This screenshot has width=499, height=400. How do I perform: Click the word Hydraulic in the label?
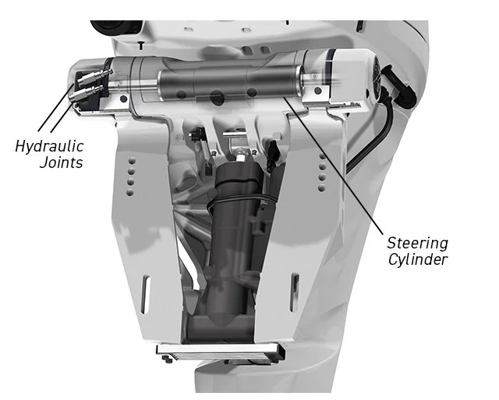[49, 146]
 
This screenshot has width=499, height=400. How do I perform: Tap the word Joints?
[61, 162]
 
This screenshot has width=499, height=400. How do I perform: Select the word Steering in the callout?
[418, 244]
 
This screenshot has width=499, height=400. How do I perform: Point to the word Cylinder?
[418, 259]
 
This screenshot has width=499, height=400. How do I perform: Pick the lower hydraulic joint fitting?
[85, 94]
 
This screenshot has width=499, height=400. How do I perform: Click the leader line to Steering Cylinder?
[334, 167]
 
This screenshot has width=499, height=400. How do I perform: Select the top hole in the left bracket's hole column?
[132, 161]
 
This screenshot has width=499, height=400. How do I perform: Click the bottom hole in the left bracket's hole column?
[130, 192]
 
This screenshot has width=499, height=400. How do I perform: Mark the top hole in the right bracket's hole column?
[323, 156]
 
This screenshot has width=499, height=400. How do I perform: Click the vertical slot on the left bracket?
[146, 295]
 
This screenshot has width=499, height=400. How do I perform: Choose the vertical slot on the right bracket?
[295, 292]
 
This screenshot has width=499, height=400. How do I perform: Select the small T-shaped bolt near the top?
[141, 45]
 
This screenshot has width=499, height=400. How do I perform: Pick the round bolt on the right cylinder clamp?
[317, 91]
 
